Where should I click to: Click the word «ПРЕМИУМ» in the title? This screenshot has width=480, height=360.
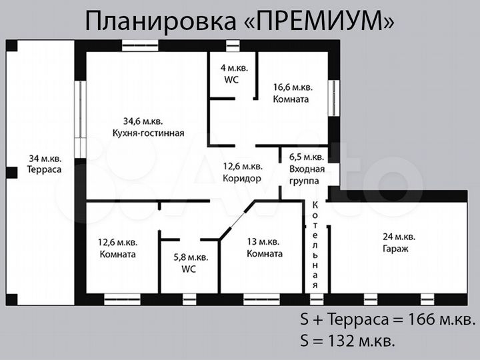319,21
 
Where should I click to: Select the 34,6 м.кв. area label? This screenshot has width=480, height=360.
143,121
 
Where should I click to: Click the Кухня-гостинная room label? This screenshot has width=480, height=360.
148,133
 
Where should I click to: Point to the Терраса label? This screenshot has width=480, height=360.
44,170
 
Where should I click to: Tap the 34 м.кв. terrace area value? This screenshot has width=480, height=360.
44,158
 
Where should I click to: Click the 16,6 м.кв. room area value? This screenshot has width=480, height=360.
293,87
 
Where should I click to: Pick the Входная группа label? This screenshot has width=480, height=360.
307,175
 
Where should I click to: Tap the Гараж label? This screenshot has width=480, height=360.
395,248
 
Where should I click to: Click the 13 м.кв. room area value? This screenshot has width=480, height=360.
265,241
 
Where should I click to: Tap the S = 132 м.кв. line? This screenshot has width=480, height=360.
347,342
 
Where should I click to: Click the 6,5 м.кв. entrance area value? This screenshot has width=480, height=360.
307,157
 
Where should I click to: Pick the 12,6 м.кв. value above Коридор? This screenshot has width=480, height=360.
242,166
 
